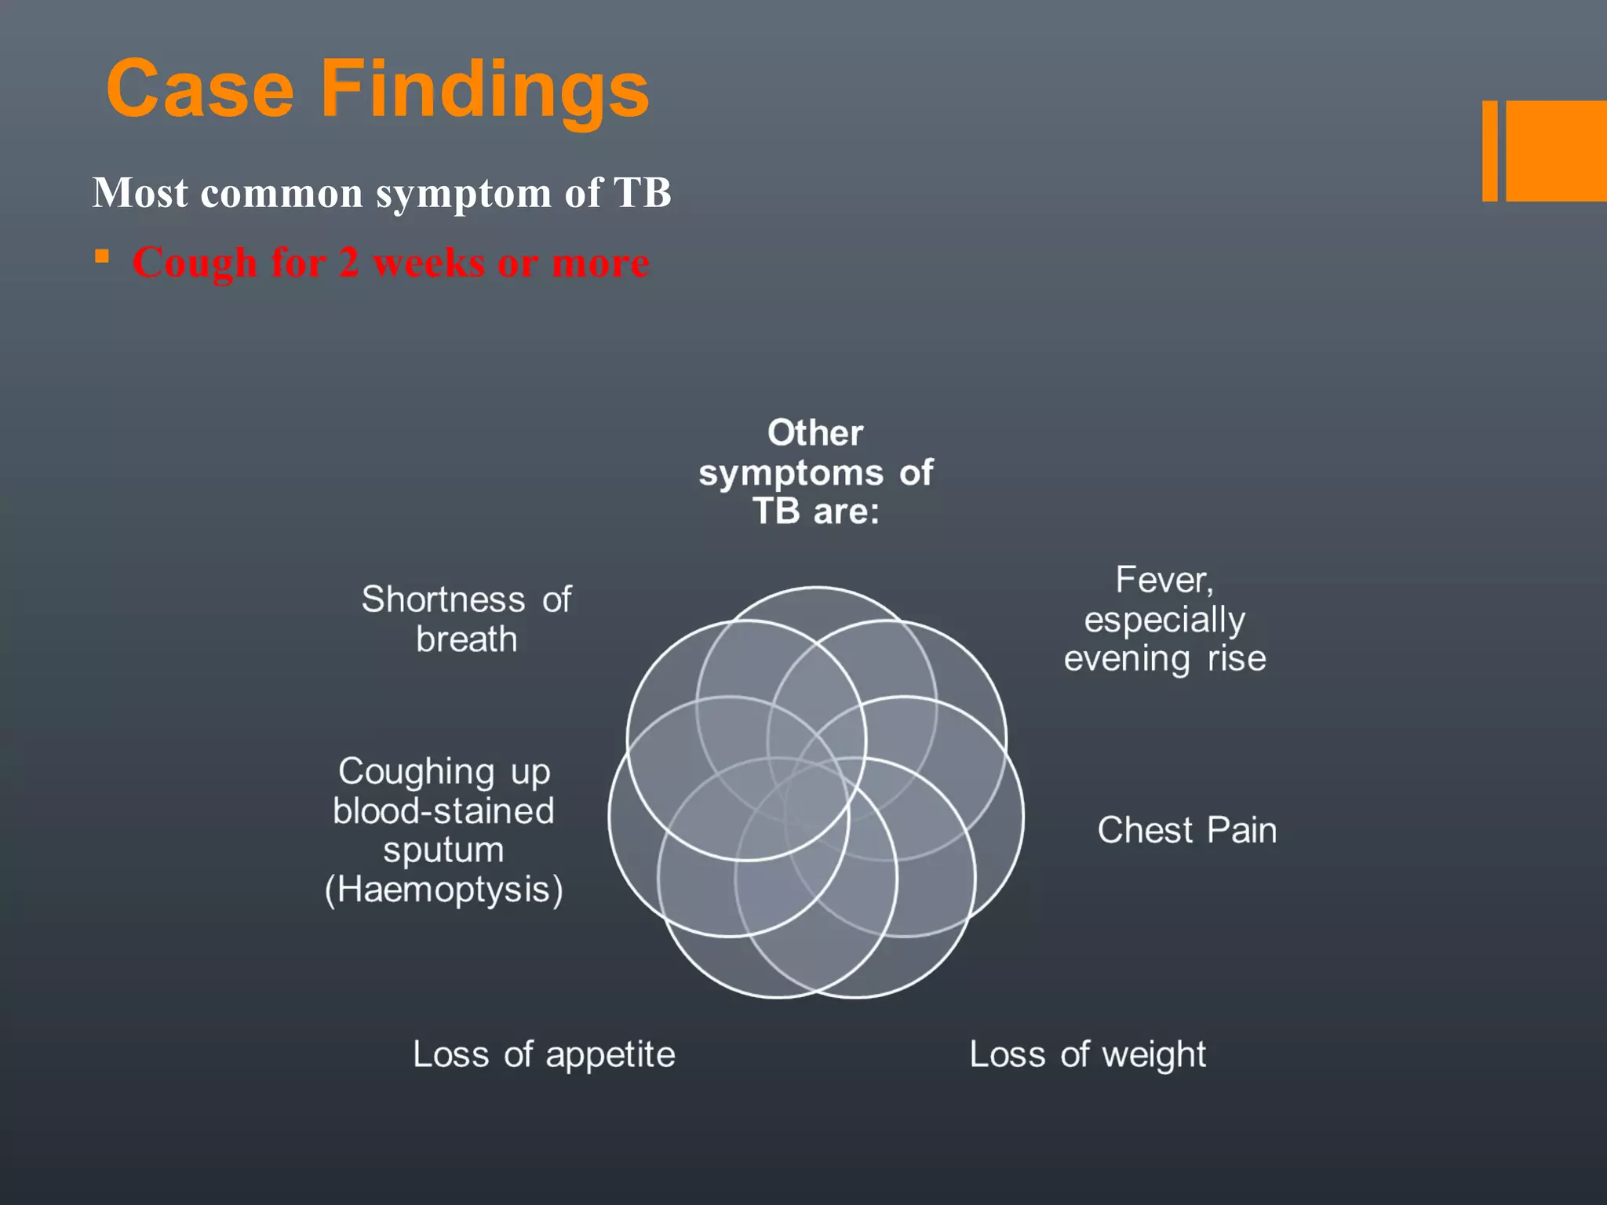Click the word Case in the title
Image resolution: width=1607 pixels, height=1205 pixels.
[200, 89]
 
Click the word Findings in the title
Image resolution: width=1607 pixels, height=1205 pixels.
[485, 91]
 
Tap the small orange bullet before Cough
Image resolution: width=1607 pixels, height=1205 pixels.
[102, 257]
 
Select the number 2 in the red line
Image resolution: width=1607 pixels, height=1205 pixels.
[348, 262]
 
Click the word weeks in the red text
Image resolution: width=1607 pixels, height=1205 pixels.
[429, 262]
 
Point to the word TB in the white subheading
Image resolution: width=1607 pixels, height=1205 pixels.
[642, 192]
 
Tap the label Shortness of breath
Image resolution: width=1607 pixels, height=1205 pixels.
[466, 619]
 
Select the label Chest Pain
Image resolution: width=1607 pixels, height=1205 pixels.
[1186, 830]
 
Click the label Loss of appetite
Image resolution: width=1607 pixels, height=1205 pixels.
[544, 1054]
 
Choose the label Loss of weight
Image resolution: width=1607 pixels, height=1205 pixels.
[1088, 1054]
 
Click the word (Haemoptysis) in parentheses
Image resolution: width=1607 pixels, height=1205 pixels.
[444, 890]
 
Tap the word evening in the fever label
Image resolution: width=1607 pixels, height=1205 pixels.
[1126, 659]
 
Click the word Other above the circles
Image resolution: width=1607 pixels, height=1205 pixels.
[815, 433]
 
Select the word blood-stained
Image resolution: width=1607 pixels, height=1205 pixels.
[443, 811]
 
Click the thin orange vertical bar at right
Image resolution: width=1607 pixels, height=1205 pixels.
[1489, 151]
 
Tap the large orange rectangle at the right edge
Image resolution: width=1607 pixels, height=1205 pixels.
[1557, 151]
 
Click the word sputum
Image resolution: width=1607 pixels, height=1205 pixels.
[443, 851]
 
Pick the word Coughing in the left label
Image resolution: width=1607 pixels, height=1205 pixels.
[416, 772]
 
